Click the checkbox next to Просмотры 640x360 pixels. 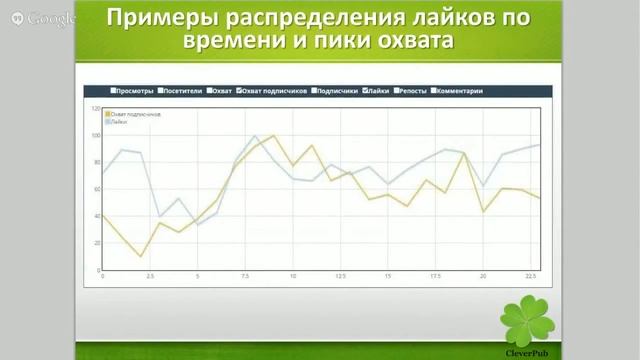pyautogui.click(x=114, y=91)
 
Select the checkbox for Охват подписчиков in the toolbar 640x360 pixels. pyautogui.click(x=238, y=91)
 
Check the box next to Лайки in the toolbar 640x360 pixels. pyautogui.click(x=364, y=91)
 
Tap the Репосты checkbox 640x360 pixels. pyautogui.click(x=399, y=91)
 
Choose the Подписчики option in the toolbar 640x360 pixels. pyautogui.click(x=337, y=91)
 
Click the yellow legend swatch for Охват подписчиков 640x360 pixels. pyautogui.click(x=107, y=114)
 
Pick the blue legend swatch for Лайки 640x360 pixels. pyautogui.click(x=107, y=120)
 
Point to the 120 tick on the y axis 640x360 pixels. pyautogui.click(x=96, y=108)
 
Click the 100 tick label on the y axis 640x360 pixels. pyautogui.click(x=96, y=135)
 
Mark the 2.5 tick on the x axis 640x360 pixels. pyautogui.click(x=150, y=276)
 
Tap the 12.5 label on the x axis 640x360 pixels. pyautogui.click(x=340, y=276)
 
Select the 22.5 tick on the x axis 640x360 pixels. pyautogui.click(x=530, y=276)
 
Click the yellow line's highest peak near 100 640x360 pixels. pyautogui.click(x=273, y=135)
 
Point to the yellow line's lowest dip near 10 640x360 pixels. pyautogui.click(x=141, y=256)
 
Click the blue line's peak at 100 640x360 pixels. pyautogui.click(x=255, y=136)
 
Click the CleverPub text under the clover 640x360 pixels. pyautogui.click(x=526, y=351)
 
